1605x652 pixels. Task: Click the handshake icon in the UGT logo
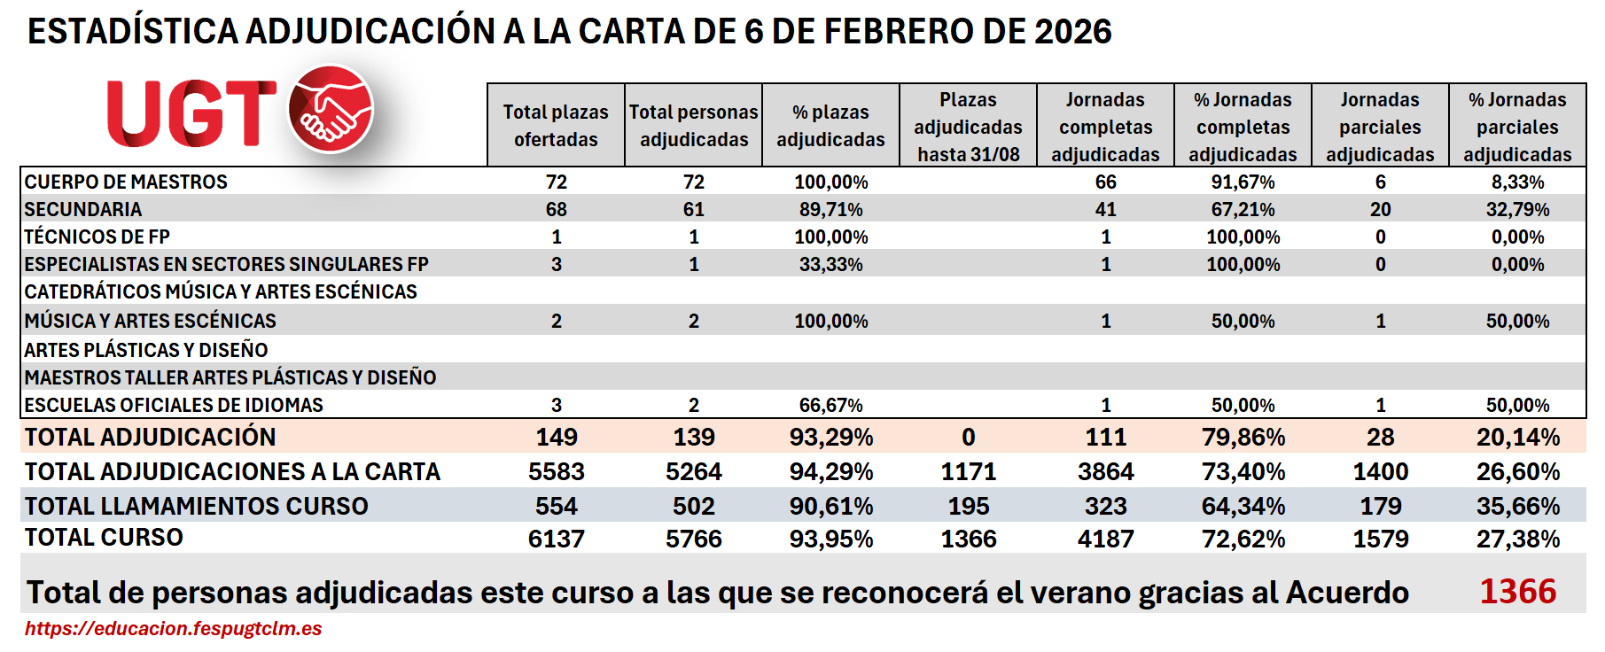tap(331, 110)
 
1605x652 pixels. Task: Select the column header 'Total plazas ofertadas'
tap(556, 126)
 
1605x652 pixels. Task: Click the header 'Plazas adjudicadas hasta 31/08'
tap(968, 127)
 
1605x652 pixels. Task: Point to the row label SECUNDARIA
tap(83, 210)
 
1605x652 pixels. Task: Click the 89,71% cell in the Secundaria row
tap(830, 210)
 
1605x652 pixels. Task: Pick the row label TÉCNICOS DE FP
tap(97, 237)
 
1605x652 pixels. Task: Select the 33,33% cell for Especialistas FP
tap(830, 265)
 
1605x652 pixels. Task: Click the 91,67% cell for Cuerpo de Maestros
tap(1243, 182)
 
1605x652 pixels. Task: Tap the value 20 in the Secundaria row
tap(1380, 210)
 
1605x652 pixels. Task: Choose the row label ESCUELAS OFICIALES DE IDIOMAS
tap(174, 406)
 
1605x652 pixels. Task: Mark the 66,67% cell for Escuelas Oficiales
tap(830, 406)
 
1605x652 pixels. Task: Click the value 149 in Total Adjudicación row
tap(556, 438)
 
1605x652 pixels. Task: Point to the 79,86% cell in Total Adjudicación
tap(1243, 438)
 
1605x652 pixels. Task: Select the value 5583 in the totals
tap(556, 472)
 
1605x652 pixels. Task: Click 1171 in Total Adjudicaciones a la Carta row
tap(968, 472)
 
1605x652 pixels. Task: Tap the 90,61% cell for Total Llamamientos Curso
tap(830, 507)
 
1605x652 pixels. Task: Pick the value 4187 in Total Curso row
tap(1105, 539)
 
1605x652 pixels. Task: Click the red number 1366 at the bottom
tap(1517, 592)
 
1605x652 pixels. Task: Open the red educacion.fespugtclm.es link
tap(174, 629)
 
